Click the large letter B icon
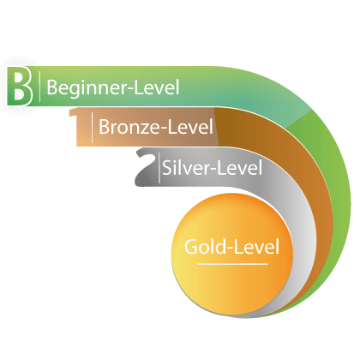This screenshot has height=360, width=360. pyautogui.click(x=19, y=86)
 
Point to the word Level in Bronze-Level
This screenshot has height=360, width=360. pyautogui.click(x=190, y=127)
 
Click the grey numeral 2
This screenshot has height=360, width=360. pyautogui.click(x=147, y=167)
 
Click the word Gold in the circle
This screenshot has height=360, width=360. pyautogui.click(x=205, y=247)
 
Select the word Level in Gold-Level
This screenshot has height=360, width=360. pyautogui.click(x=256, y=247)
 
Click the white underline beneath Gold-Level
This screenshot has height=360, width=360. pyautogui.click(x=232, y=264)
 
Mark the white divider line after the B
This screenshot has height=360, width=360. pyautogui.click(x=39, y=87)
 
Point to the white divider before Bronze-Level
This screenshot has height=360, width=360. pyautogui.click(x=92, y=128)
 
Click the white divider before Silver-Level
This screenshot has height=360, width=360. pyautogui.click(x=159, y=168)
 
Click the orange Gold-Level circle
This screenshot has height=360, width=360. pyautogui.click(x=232, y=254)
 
